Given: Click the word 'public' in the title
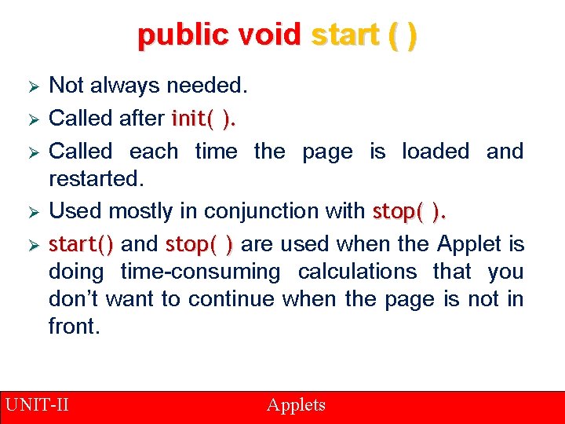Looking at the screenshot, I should [177, 35].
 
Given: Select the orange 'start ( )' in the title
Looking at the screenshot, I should [364, 35].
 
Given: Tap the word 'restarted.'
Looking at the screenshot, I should [97, 178].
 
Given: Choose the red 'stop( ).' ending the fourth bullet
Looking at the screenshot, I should [410, 211].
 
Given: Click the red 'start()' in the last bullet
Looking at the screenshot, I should [81, 244].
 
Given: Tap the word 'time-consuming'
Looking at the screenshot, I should [200, 272].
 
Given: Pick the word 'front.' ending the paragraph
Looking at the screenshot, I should [75, 327].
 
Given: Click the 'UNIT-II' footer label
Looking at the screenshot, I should [37, 405].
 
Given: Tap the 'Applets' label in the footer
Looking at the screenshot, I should [296, 405].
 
